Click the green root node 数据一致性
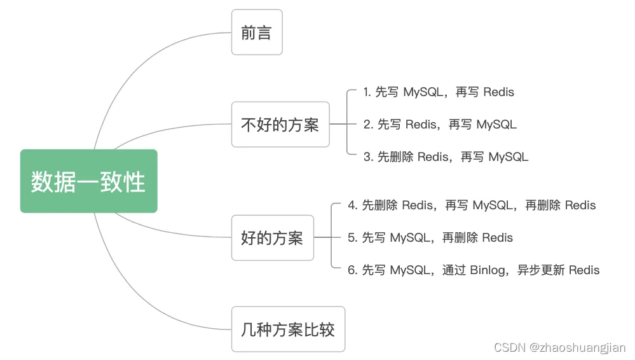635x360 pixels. tap(89, 181)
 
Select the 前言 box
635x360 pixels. tap(257, 32)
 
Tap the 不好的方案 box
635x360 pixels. tap(280, 125)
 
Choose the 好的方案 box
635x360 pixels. tap(273, 238)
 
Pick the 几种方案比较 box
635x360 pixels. tap(288, 329)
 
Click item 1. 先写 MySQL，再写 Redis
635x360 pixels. tap(439, 92)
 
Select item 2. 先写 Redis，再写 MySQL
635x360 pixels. tap(440, 125)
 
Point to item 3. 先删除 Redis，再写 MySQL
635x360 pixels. tap(446, 157)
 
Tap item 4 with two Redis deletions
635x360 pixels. tap(472, 205)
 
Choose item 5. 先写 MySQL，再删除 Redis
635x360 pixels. tap(430, 238)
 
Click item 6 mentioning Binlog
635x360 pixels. tap(474, 270)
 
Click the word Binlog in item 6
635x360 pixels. tap(488, 270)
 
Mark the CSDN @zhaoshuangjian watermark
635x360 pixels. tap(559, 347)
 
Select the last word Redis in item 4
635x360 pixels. tap(580, 205)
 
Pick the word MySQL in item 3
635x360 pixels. tap(509, 157)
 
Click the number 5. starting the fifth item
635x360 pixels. tap(352, 238)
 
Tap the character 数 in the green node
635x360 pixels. tap(43, 182)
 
